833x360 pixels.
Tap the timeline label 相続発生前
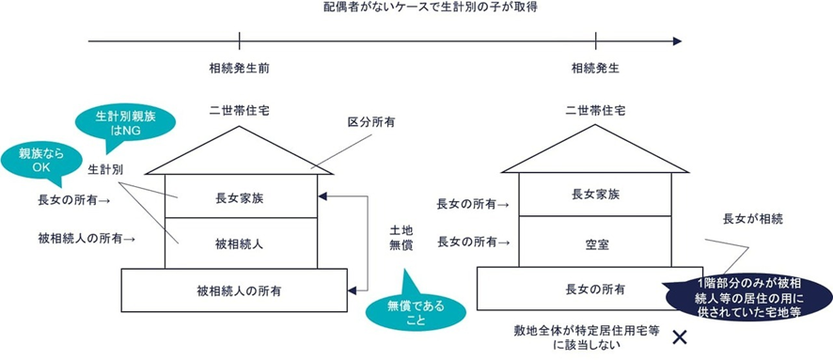[x=240, y=69]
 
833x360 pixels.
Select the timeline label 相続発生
[x=595, y=69]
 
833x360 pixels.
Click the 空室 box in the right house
[x=596, y=243]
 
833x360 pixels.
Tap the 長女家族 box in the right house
[x=596, y=196]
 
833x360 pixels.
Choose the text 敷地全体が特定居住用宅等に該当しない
[x=574, y=338]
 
